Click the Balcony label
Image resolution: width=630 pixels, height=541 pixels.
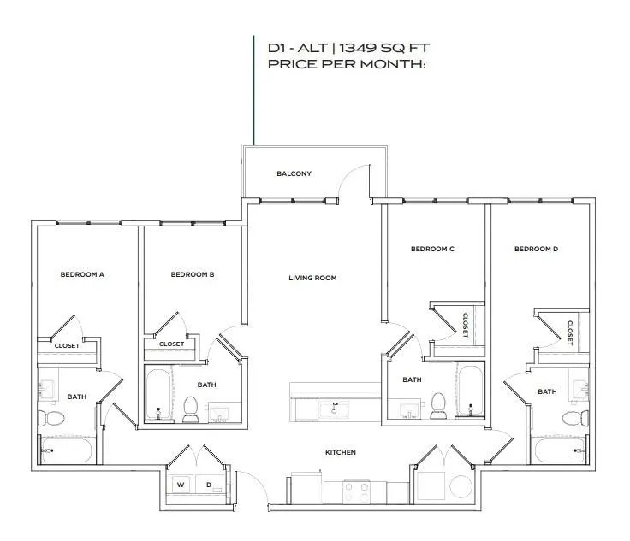pyautogui.click(x=294, y=173)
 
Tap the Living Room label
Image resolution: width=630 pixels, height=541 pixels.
pyautogui.click(x=312, y=278)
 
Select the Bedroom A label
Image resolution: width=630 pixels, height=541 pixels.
pyautogui.click(x=82, y=274)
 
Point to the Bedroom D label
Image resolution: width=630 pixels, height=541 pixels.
pyautogui.click(x=536, y=249)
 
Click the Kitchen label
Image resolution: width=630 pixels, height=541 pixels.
pyautogui.click(x=341, y=452)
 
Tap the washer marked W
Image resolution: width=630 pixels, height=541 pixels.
pyautogui.click(x=181, y=485)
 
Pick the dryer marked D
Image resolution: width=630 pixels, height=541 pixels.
pyautogui.click(x=210, y=485)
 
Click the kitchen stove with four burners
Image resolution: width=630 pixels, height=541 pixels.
pyautogui.click(x=356, y=492)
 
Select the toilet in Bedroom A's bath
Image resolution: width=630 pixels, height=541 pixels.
pyautogui.click(x=51, y=418)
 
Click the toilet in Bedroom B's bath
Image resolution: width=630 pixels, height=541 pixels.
pyautogui.click(x=190, y=409)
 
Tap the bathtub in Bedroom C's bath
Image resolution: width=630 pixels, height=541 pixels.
pyautogui.click(x=471, y=391)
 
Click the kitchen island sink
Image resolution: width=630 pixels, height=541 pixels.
pyautogui.click(x=334, y=410)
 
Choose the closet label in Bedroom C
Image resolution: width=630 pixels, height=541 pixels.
pyautogui.click(x=466, y=326)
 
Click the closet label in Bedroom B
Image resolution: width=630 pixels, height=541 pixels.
pyautogui.click(x=171, y=344)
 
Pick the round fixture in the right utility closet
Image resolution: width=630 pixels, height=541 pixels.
pyautogui.click(x=461, y=486)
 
